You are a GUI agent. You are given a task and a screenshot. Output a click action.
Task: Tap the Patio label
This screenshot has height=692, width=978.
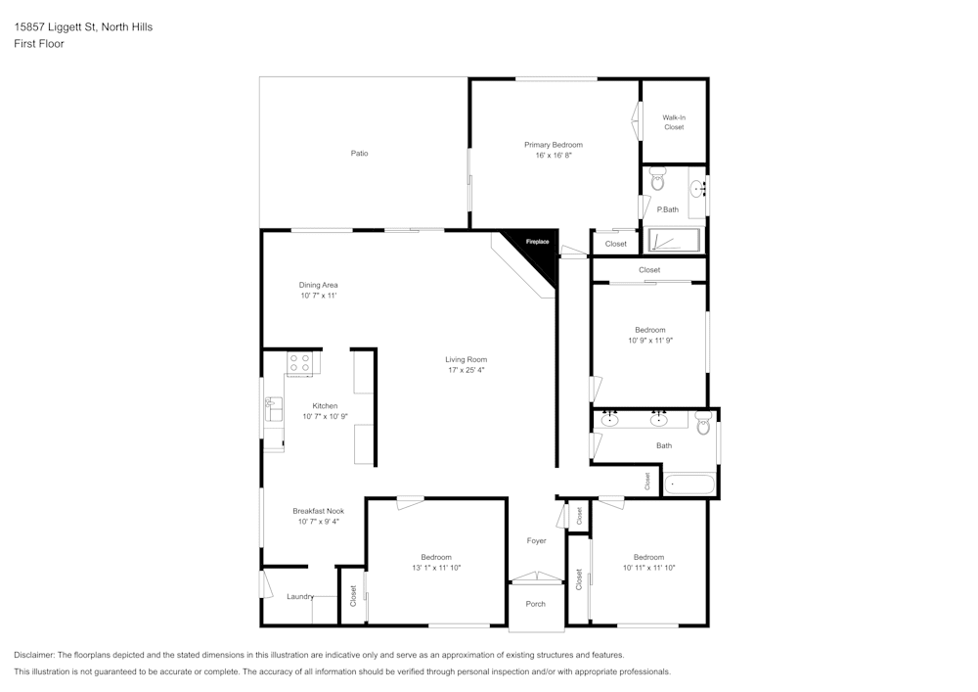pos(360,153)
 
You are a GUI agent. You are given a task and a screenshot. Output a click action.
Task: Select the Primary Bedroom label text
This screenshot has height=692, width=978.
pos(553,145)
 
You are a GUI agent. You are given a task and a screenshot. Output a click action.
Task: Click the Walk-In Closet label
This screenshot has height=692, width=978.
pos(674,122)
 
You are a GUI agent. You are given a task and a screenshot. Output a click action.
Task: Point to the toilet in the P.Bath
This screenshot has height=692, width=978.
pos(657,181)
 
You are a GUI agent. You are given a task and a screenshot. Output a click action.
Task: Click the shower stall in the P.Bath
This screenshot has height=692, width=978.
pos(675,241)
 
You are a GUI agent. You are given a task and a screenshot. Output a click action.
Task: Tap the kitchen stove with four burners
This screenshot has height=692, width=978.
pos(300,364)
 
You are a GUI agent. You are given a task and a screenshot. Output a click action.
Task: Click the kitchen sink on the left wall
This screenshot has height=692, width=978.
pos(273,408)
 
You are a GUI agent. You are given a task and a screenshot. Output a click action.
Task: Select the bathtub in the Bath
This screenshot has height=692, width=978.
pos(689,484)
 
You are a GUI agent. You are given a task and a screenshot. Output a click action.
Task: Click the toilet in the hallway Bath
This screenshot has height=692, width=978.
pos(703,423)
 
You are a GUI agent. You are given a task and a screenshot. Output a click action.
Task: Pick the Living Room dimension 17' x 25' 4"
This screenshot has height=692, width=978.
pos(466,370)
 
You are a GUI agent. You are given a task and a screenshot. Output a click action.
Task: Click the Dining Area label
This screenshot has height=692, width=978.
pos(318,285)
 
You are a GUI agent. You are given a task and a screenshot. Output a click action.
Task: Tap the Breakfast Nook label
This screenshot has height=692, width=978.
pos(318,511)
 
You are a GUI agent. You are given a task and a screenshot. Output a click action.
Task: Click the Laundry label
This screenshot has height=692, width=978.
pos(299,596)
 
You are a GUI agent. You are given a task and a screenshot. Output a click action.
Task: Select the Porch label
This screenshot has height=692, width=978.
pos(536,604)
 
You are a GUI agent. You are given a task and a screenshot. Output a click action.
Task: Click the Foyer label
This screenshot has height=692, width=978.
pos(536,540)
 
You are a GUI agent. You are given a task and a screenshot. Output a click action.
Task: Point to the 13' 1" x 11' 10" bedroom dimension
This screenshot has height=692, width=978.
pos(436,568)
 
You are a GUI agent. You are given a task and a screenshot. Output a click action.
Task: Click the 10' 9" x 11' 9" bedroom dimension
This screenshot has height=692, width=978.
pos(650,341)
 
